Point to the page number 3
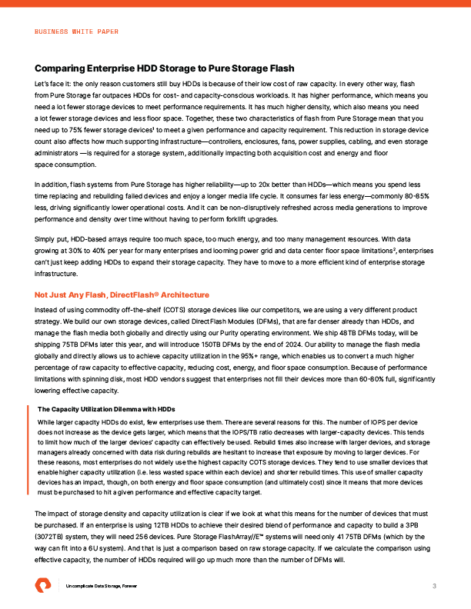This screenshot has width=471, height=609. click(435, 587)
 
